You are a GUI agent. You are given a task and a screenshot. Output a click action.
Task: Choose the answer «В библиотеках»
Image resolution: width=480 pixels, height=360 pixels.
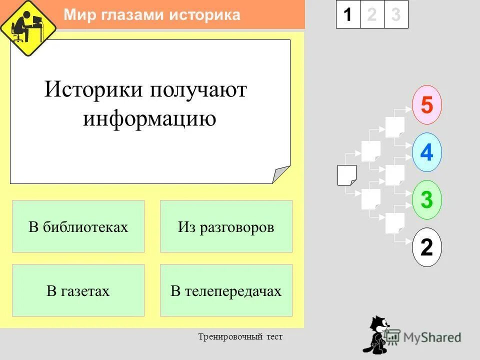pos(78,226)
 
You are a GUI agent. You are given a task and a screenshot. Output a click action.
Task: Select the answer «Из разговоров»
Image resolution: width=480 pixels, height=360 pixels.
pos(226,226)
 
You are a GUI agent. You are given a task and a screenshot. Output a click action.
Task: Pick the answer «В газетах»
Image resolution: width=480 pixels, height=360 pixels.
pos(78,290)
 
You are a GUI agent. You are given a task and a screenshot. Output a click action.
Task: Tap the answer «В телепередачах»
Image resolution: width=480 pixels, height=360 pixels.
pos(226,290)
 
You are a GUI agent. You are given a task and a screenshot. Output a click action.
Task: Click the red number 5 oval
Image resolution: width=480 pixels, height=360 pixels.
pos(426,105)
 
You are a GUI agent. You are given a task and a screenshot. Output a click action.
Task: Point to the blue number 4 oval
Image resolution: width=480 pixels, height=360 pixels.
pos(426,152)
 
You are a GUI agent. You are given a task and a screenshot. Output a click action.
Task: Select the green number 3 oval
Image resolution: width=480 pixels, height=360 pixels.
pos(426,200)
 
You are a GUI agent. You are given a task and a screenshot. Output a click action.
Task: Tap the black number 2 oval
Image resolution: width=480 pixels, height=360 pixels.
pos(426,247)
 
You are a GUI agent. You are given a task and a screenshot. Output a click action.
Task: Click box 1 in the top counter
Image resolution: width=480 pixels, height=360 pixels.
pos(347,14)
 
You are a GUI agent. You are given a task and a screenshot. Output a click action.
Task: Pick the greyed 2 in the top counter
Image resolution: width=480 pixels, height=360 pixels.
pos(371,14)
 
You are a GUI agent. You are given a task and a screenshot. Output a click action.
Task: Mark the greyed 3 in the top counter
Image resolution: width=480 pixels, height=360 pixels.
pos(396,14)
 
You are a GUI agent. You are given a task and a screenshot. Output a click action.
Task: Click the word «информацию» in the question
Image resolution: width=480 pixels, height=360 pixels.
pos(149,119)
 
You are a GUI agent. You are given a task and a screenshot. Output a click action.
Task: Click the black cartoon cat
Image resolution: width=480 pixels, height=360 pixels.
pos(377,335)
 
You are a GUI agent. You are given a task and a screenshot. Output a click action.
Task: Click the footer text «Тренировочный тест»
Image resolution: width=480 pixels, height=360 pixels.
pos(240,336)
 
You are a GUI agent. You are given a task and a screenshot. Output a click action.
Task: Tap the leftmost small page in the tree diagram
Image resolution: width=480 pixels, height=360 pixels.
pos(346,175)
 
